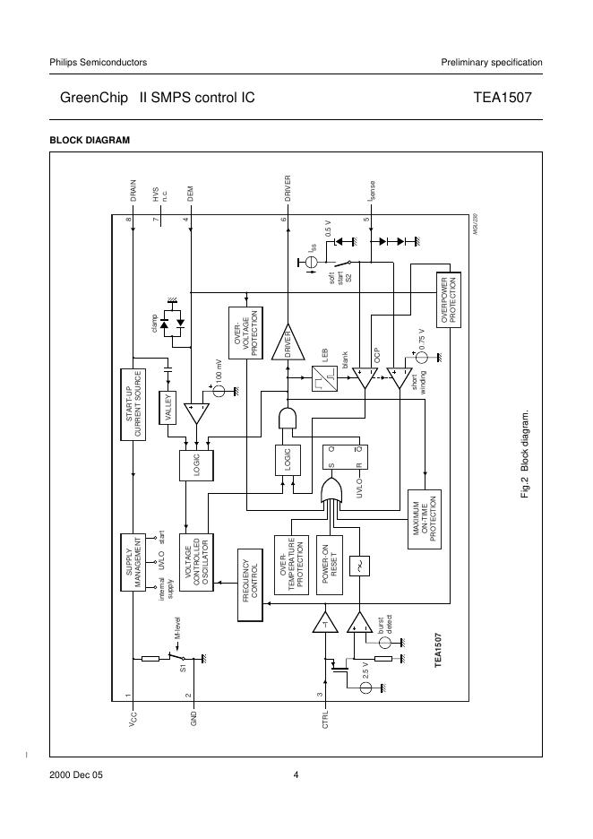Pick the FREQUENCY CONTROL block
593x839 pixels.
(250, 584)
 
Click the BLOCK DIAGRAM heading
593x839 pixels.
(90, 140)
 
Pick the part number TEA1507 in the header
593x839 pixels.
(508, 99)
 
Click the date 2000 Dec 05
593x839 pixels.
(76, 775)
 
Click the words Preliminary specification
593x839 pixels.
(492, 62)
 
